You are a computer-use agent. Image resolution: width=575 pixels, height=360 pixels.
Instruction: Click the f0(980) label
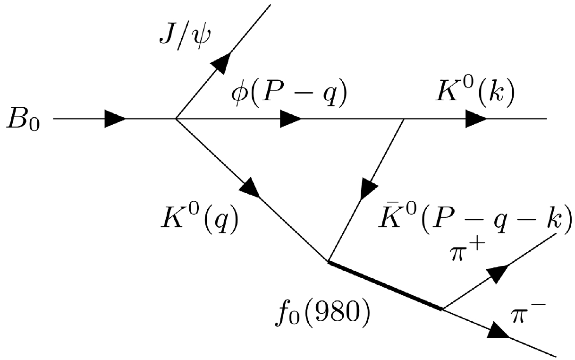pos(321,312)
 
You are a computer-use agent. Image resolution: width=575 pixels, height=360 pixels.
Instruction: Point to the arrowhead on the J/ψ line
pos(222,61)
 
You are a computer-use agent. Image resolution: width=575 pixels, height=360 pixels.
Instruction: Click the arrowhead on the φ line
pos(290,119)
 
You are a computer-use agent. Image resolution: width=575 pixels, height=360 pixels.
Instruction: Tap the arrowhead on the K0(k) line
pos(476,119)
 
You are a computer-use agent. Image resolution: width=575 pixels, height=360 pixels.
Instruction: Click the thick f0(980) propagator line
pos(385,285)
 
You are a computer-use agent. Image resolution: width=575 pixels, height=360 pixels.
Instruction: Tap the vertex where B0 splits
pos(176,119)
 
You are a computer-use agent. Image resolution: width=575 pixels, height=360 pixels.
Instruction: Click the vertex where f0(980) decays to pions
pos(443,309)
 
